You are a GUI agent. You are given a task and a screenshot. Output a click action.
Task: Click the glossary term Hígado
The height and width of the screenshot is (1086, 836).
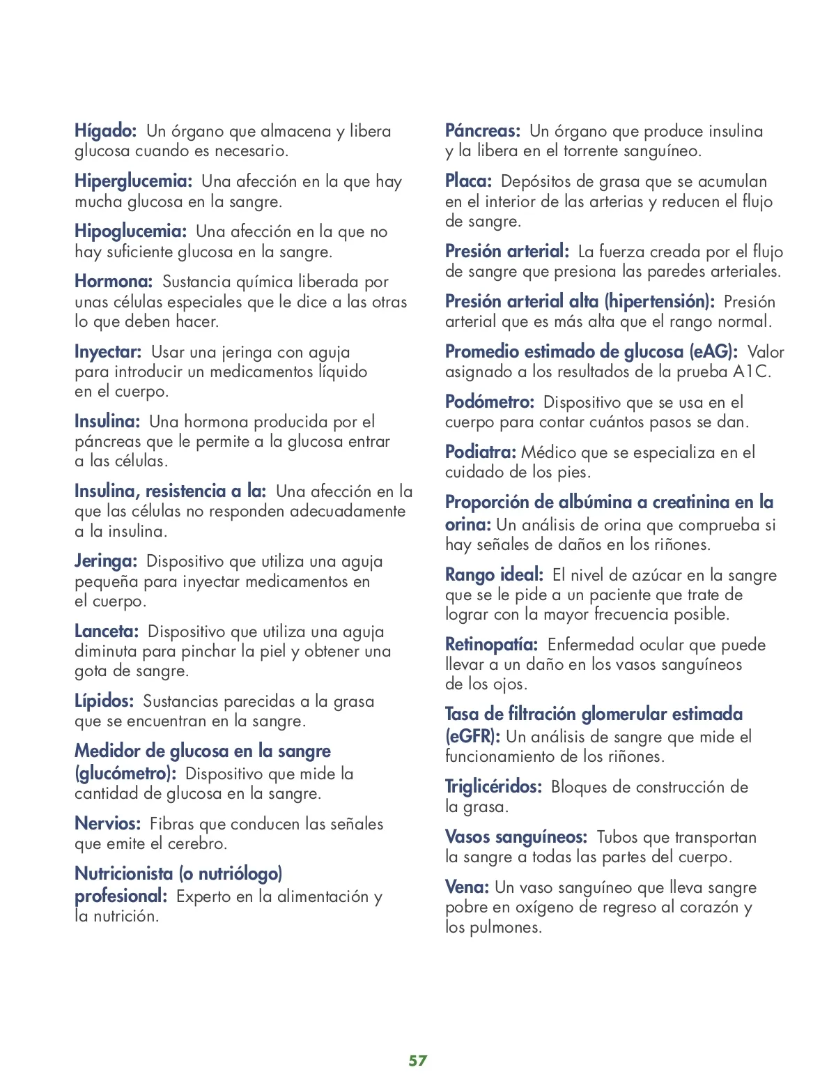pyautogui.click(x=105, y=131)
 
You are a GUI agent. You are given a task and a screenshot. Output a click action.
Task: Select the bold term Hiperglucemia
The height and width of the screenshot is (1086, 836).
pyautogui.click(x=133, y=181)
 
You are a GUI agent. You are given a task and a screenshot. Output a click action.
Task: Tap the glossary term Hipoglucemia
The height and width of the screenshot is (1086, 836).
pyautogui.click(x=130, y=231)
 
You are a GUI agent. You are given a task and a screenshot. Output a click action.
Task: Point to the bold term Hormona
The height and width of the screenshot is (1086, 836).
pyautogui.click(x=114, y=282)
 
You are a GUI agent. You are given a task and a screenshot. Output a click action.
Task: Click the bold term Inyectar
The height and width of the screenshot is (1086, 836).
pyautogui.click(x=108, y=352)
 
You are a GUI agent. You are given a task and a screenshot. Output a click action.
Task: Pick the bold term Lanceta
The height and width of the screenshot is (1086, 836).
pyautogui.click(x=107, y=632)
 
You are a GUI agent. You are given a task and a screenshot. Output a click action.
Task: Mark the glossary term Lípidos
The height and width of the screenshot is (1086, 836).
pyautogui.click(x=104, y=701)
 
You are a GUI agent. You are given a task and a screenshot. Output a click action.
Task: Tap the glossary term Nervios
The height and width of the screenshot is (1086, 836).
pyautogui.click(x=108, y=824)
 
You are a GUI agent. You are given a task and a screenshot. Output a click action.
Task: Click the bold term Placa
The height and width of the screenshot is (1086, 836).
pyautogui.click(x=468, y=181)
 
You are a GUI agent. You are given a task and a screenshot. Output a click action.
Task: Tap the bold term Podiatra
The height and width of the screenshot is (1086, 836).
pyautogui.click(x=481, y=452)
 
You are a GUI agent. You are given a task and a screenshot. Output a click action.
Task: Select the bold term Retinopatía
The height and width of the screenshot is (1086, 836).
pyautogui.click(x=491, y=645)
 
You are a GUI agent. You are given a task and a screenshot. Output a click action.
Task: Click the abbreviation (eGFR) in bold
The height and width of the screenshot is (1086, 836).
pyautogui.click(x=472, y=737)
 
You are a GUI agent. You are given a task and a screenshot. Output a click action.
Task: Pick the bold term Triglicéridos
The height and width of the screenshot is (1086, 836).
pyautogui.click(x=493, y=787)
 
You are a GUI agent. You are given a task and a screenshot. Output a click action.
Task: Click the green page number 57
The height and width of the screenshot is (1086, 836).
pyautogui.click(x=418, y=1060)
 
